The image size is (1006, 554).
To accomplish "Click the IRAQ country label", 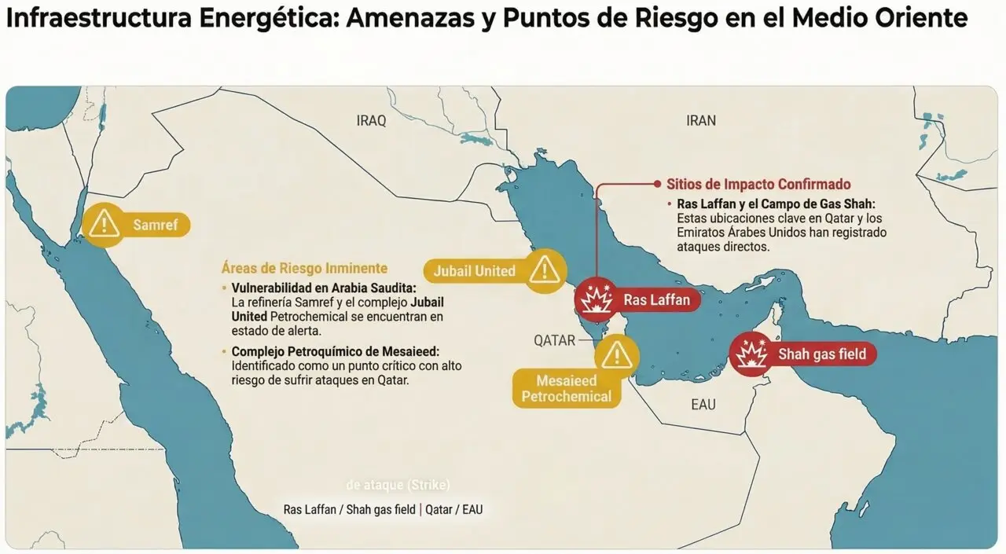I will coord(371,121).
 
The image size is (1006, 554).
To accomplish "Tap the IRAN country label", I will coord(701,120).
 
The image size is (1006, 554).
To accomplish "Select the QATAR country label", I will coord(555,340).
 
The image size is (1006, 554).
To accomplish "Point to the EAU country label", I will coord(703,405).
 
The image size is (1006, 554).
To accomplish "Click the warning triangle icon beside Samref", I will coord(103,225).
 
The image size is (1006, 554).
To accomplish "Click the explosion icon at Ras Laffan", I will coord(597,299).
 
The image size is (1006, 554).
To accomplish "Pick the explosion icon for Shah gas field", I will coord(751,354).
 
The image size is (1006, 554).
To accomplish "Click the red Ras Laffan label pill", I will coord(656,299).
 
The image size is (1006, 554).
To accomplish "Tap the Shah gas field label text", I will coord(821,354).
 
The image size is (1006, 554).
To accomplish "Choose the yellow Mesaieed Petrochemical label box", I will coord(566,389).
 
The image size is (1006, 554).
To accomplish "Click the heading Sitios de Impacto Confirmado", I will coord(758,185).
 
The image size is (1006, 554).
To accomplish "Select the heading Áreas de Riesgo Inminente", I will coord(304,268).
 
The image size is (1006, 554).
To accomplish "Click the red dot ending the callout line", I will coord(658,185).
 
